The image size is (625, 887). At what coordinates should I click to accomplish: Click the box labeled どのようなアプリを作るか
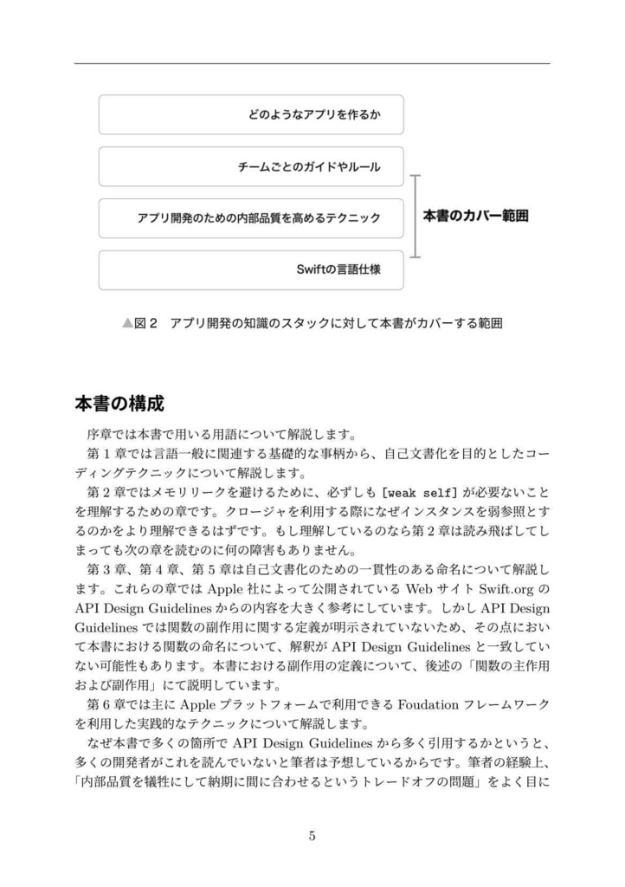click(x=251, y=114)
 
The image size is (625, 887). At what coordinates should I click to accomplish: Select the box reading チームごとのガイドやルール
click(x=251, y=166)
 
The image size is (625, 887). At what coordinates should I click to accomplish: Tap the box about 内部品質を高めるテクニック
click(x=251, y=218)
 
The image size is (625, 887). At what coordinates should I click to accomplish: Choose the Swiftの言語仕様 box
click(x=251, y=270)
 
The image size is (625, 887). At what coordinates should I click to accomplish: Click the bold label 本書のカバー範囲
click(x=475, y=217)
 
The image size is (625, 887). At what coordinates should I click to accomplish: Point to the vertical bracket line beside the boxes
click(x=416, y=217)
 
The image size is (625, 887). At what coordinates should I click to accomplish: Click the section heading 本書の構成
click(x=119, y=405)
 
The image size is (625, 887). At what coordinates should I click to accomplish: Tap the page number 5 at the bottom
click(x=312, y=836)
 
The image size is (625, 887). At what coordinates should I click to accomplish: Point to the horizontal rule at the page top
click(x=312, y=63)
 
